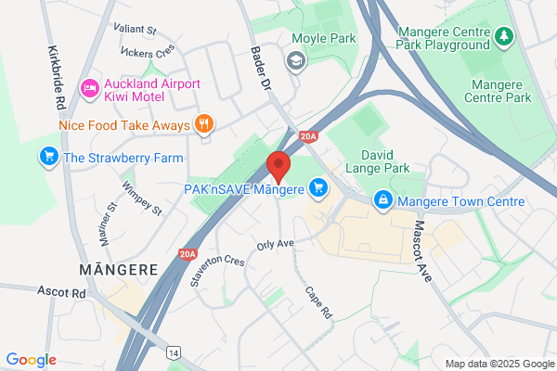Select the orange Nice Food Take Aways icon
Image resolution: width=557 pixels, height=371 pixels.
pos(203,124)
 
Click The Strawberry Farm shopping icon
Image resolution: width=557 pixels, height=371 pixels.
pos(48,157)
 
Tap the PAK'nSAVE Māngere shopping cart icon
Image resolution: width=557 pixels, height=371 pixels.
pos(318,188)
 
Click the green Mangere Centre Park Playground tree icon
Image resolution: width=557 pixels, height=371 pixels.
pos(504,35)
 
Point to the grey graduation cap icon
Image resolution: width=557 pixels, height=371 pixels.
pos(295,61)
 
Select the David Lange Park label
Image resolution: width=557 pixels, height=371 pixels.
pos(388,164)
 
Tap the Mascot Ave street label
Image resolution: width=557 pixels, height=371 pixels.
pos(423,249)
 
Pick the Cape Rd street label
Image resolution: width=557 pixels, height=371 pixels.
pos(318,302)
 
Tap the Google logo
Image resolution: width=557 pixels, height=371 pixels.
pos(31,359)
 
